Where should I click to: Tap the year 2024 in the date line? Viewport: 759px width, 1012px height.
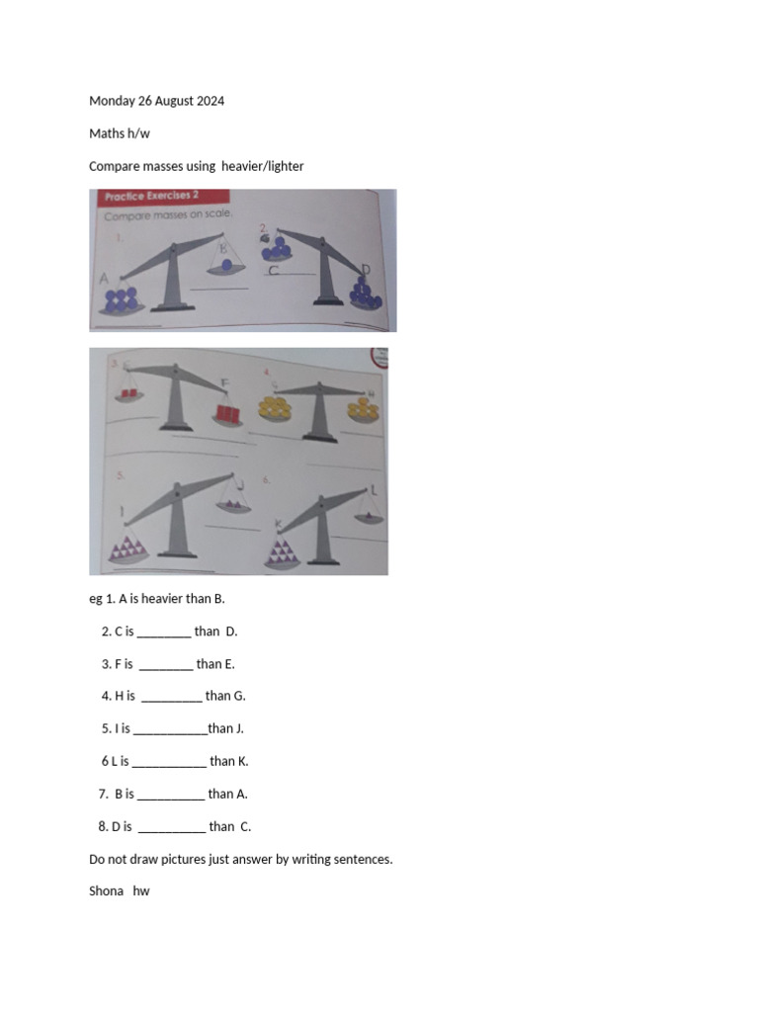pyautogui.click(x=209, y=101)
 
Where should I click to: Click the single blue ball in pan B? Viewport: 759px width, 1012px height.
pyautogui.click(x=228, y=265)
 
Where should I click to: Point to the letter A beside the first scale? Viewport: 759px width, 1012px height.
pyautogui.click(x=104, y=280)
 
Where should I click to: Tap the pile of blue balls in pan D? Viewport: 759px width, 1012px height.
pyautogui.click(x=365, y=291)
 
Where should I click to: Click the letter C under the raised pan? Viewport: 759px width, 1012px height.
pyautogui.click(x=273, y=270)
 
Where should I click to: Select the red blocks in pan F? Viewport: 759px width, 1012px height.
pyautogui.click(x=228, y=412)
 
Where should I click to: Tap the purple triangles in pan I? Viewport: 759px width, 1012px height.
pyautogui.click(x=130, y=548)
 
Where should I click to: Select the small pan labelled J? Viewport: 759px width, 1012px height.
pyautogui.click(x=233, y=505)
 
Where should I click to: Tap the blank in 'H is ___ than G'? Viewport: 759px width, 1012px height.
pyautogui.click(x=172, y=696)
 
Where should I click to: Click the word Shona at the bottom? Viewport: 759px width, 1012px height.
pyautogui.click(x=106, y=891)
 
